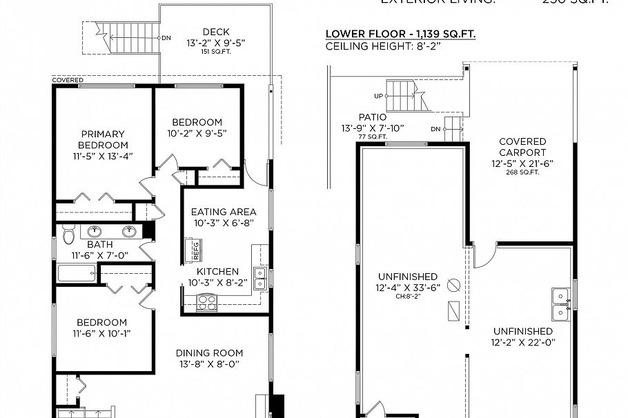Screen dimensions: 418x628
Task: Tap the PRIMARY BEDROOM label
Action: click(x=102, y=139)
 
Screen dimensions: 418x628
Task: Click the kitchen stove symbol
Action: click(x=206, y=300)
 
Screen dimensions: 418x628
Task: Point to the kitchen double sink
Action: click(x=260, y=279)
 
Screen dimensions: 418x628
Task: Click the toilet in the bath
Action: click(x=68, y=236)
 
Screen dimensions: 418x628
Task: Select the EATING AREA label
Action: click(x=224, y=212)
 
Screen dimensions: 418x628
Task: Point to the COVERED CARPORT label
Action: click(x=522, y=147)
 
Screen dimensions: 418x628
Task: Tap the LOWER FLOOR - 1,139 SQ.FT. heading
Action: click(x=400, y=34)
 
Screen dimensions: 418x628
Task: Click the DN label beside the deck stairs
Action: click(x=166, y=38)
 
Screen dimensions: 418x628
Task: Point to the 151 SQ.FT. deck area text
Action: click(x=215, y=52)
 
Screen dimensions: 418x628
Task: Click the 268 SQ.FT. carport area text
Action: click(x=522, y=172)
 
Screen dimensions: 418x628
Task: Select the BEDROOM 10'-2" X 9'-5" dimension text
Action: click(x=197, y=133)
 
